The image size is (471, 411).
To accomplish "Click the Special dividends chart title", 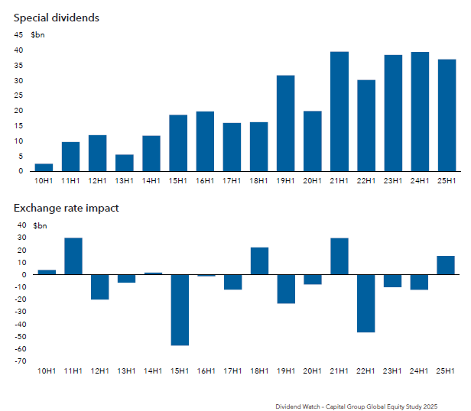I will coord(56,17).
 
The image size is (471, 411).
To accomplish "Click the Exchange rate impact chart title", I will coord(66,207).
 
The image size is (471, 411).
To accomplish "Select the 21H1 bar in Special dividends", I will coord(339,112).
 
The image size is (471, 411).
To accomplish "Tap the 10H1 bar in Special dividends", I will coord(44,167).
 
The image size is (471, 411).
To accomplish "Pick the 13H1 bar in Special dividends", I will coord(125,163).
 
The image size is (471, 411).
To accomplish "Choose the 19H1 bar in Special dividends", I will coord(285,123).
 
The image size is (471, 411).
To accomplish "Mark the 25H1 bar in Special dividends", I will coord(447,115).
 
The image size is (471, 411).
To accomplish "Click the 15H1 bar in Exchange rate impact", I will coord(179,309).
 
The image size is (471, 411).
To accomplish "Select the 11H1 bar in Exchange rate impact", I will coord(73,256).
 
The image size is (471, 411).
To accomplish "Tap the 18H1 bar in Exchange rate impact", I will coord(259,261).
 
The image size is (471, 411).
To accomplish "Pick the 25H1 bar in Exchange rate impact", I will coord(446,265).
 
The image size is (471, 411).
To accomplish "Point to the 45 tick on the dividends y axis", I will coord(18,35).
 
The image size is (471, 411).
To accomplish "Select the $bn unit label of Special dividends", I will coord(38,35).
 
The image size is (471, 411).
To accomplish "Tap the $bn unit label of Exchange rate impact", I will coord(38,225).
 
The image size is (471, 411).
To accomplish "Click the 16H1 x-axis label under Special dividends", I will coord(205,180).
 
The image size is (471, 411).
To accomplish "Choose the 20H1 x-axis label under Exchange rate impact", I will coord(313,371).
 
